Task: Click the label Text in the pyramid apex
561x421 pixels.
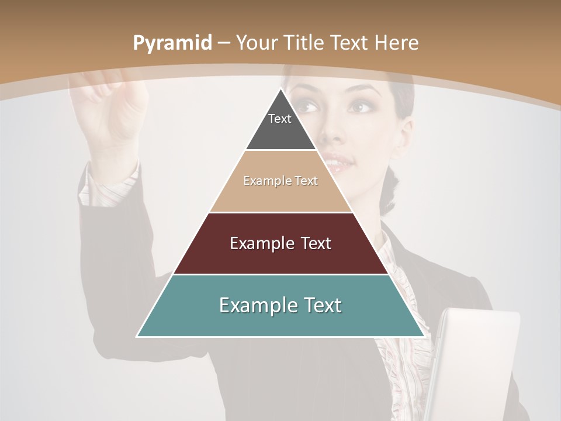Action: [280, 119]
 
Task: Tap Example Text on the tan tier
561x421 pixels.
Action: [280, 181]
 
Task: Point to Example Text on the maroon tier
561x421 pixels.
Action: [280, 243]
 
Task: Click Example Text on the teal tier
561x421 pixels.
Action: [280, 305]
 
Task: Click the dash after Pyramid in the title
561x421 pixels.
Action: [224, 43]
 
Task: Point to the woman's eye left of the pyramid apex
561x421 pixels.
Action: [307, 107]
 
